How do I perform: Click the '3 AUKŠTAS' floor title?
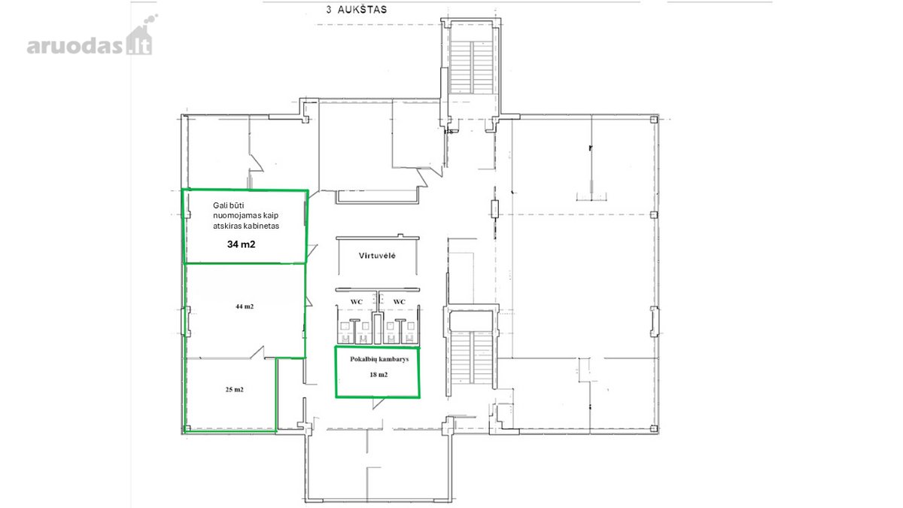click(357, 10)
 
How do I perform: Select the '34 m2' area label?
click(241, 245)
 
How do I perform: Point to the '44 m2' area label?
click(245, 306)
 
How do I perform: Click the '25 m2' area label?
click(234, 390)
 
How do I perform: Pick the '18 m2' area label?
click(379, 375)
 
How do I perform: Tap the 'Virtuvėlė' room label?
click(377, 256)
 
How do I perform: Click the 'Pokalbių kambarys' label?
click(379, 359)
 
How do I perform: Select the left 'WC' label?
click(357, 302)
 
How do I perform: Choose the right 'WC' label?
click(399, 302)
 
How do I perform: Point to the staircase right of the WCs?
click(471, 357)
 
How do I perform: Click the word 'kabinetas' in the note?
click(263, 227)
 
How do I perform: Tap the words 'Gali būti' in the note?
click(228, 205)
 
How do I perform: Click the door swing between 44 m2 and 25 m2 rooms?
click(257, 352)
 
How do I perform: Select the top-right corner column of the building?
click(654, 120)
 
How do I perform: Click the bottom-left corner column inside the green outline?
click(187, 428)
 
